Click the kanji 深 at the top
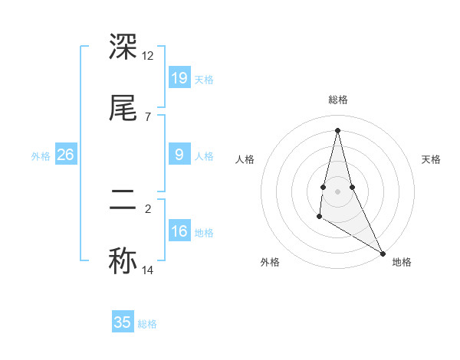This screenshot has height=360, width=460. point(123,47)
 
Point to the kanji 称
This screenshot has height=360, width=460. point(123,260)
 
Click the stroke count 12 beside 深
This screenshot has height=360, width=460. point(148,56)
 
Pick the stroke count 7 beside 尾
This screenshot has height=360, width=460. point(147,116)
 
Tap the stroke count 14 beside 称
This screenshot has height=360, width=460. point(148,270)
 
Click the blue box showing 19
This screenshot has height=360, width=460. point(179,78)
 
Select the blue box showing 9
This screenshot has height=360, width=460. point(179,155)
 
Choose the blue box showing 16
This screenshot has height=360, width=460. point(179,231)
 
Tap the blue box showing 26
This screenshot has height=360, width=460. point(66,155)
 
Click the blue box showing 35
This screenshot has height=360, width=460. point(123,322)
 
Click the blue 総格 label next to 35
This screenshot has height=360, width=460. point(147,324)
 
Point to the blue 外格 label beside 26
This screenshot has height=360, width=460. point(41,156)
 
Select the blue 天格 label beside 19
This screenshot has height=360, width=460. point(204,80)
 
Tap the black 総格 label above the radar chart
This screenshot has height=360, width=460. point(338,100)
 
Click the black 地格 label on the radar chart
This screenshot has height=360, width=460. point(402,262)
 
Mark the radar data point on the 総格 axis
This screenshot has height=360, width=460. point(337,129)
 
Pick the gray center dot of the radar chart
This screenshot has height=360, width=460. point(337,191)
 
